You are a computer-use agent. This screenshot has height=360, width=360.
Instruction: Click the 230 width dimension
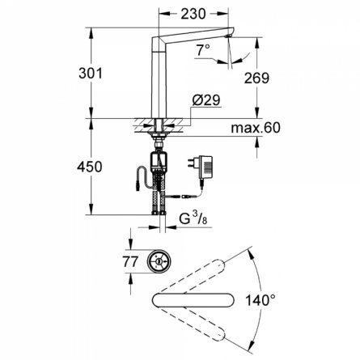click(193, 14)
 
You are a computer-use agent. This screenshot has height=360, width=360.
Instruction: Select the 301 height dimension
click(91, 73)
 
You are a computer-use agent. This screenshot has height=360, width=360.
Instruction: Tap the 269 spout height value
click(256, 78)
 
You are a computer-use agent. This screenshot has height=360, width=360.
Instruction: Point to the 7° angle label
click(203, 50)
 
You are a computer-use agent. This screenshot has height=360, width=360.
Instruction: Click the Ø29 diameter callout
click(206, 100)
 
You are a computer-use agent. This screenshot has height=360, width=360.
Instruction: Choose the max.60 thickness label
click(256, 128)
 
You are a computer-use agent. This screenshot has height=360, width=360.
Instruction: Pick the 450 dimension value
click(90, 167)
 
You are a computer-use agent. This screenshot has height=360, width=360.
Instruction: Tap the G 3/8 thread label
click(193, 218)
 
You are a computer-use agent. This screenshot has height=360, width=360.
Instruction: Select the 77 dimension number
click(130, 261)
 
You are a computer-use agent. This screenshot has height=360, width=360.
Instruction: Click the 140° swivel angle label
click(260, 300)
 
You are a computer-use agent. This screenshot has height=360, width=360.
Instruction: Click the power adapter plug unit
click(203, 167)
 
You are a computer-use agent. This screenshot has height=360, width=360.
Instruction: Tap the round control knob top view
click(159, 261)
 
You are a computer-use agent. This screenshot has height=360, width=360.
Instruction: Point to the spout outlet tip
click(229, 36)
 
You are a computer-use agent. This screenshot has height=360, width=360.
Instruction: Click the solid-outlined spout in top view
click(193, 300)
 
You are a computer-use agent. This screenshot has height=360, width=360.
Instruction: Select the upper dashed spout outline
click(193, 277)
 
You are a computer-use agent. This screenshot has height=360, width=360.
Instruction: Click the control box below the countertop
click(159, 161)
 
